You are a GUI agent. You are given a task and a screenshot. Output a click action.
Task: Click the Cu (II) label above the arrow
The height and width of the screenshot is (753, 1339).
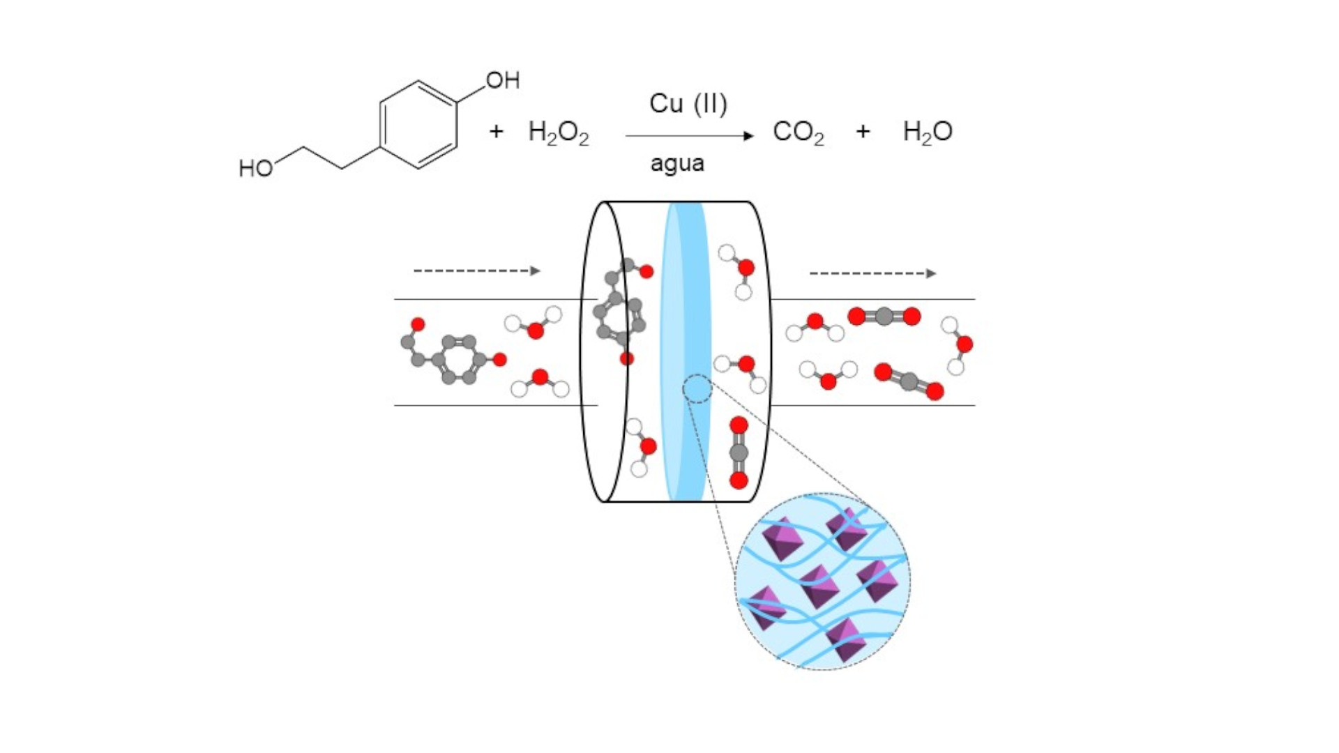pos(688,104)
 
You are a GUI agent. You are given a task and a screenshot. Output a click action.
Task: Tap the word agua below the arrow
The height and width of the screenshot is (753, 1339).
pos(677,165)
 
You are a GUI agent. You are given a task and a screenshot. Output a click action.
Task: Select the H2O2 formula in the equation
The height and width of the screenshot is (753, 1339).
pos(559,132)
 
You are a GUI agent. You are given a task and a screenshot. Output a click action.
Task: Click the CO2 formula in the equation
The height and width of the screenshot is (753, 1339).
pos(799,132)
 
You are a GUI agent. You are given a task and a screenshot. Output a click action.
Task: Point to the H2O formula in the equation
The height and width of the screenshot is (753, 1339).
pos(928,132)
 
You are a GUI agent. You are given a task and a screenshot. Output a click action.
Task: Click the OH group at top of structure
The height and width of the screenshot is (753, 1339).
pos(503,80)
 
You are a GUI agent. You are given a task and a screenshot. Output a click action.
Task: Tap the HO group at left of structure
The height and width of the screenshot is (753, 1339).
pos(255,168)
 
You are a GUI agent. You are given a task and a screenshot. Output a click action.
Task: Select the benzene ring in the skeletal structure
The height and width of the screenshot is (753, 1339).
pos(418,125)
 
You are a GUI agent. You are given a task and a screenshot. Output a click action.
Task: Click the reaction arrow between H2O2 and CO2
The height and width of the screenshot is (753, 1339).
pos(690,136)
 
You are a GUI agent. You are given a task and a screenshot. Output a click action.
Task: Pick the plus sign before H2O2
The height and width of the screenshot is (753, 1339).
pos(496,131)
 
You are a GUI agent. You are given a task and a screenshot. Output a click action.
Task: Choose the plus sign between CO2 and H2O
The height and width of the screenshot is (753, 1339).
pos(863,131)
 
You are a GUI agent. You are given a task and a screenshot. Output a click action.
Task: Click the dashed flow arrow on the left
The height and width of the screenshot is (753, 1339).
pos(477,271)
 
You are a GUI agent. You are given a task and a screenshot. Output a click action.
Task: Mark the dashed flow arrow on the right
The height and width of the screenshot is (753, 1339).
pos(872,273)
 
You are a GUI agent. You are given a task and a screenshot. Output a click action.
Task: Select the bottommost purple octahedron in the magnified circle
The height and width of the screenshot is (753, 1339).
pos(846,639)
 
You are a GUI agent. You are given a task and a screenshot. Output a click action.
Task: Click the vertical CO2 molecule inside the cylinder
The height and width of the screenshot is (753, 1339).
pos(739,452)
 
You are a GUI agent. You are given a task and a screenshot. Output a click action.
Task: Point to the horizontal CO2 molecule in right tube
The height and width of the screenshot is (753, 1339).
pos(884,317)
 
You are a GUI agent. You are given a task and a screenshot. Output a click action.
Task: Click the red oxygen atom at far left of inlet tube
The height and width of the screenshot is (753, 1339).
pos(418,324)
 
